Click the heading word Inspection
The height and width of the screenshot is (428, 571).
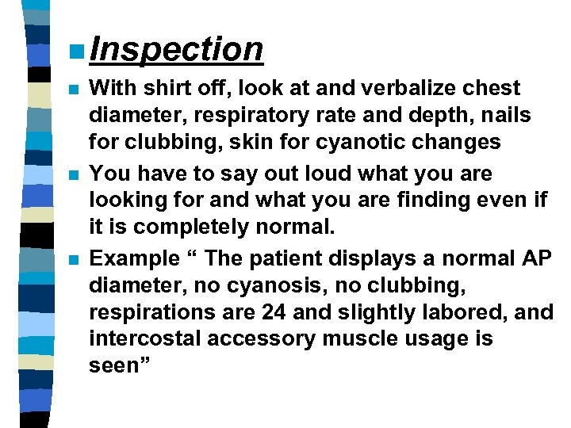pyautogui.click(x=176, y=49)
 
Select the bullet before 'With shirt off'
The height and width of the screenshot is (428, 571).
pyautogui.click(x=74, y=89)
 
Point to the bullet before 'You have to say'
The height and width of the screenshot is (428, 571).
pyautogui.click(x=74, y=174)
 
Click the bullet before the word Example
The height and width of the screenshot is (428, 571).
pyautogui.click(x=74, y=260)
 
